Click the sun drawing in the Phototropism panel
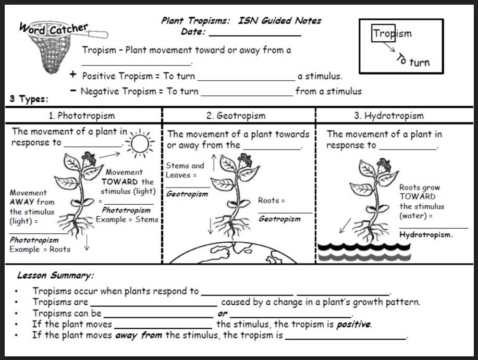coord(140,142)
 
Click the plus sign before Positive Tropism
coord(73,75)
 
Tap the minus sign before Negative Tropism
coord(73,91)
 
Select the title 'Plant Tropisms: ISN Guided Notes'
coord(241,21)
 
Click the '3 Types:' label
coord(29,98)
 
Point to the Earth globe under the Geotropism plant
coord(239,253)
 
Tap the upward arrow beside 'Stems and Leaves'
coord(213,162)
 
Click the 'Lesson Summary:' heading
coord(55,275)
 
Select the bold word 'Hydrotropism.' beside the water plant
coord(426,235)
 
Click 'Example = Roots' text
coord(40,249)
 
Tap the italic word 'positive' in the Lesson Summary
coord(353,324)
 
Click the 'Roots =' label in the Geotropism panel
coord(272,201)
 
